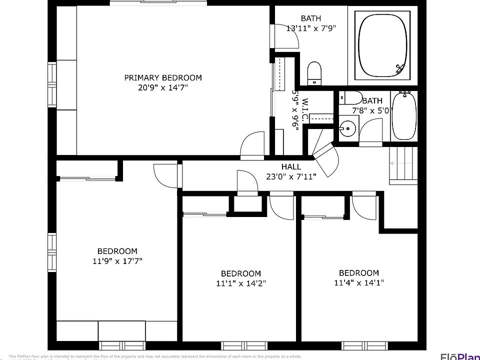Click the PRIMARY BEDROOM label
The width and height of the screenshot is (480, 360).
[x=163, y=77]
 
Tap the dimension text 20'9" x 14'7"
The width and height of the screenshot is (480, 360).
[x=163, y=87]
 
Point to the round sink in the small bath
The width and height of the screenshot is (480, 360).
[x=347, y=129]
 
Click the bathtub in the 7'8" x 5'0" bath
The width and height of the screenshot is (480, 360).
[x=403, y=115]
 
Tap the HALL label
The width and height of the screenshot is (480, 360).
[x=291, y=166]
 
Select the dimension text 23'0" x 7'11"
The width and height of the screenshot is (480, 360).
[x=291, y=176]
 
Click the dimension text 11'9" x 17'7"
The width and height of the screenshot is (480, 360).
[x=117, y=261]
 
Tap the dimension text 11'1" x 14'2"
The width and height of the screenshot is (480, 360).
[x=241, y=283]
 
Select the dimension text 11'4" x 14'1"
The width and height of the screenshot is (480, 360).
[x=359, y=282]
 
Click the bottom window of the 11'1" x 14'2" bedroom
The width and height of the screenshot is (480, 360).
[x=241, y=345]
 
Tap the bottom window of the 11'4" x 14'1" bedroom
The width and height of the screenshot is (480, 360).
[x=361, y=345]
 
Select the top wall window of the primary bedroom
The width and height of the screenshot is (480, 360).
[x=157, y=3]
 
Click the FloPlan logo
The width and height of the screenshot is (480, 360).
[x=459, y=356]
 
